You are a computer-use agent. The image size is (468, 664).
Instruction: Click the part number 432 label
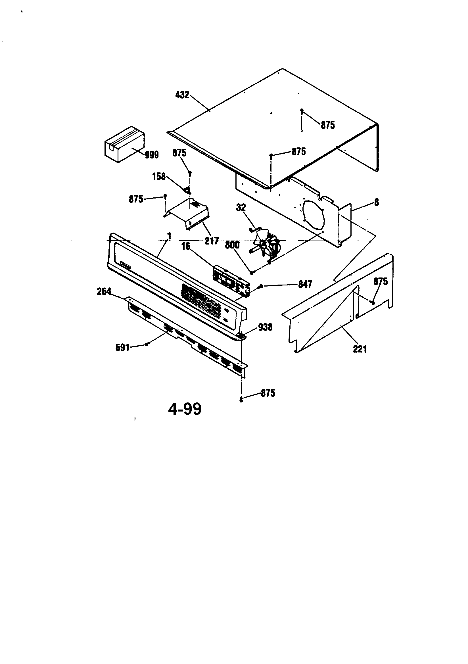pyautogui.click(x=182, y=95)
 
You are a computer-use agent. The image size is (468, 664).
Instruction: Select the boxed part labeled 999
pyautogui.click(x=124, y=145)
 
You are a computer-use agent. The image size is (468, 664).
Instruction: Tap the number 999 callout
pyautogui.click(x=152, y=155)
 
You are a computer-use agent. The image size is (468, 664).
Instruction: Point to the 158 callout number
pyautogui.click(x=159, y=176)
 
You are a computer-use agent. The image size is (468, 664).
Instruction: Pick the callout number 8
pyautogui.click(x=376, y=202)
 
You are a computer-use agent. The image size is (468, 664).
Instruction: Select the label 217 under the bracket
pyautogui.click(x=212, y=241)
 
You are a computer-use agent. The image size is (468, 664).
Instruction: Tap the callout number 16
pyautogui.click(x=185, y=247)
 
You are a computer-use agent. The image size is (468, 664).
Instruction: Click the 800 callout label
pyautogui.click(x=232, y=245)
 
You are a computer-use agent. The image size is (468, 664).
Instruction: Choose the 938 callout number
pyautogui.click(x=265, y=327)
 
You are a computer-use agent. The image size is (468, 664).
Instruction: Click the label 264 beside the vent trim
pyautogui.click(x=104, y=291)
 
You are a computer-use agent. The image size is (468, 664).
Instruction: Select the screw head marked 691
pyautogui.click(x=147, y=344)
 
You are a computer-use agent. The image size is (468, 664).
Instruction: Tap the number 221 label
pyautogui.click(x=360, y=349)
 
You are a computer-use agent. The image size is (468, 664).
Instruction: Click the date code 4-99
pyautogui.click(x=185, y=409)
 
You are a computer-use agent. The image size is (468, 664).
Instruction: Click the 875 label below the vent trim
pyautogui.click(x=268, y=393)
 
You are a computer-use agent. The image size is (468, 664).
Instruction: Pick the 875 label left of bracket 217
pyautogui.click(x=136, y=199)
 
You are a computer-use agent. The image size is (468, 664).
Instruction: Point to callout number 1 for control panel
pyautogui.click(x=169, y=236)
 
